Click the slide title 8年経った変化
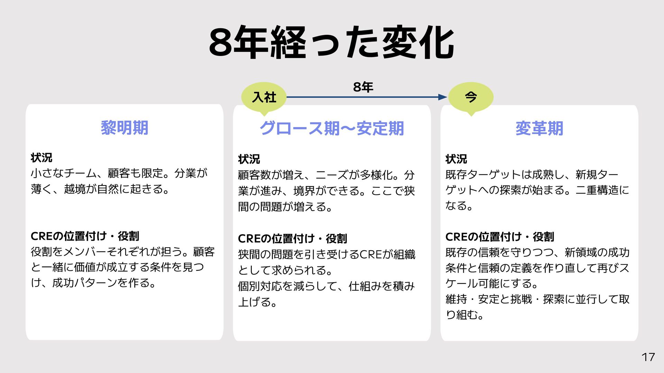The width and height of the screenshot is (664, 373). pos(331,43)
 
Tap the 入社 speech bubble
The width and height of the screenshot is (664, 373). pos(264,97)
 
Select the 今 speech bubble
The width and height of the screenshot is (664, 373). pos(471,97)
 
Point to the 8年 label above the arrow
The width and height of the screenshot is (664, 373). pos(363,87)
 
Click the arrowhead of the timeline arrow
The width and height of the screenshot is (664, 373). pos(443,97)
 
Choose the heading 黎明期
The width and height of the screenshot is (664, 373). pos(124,128)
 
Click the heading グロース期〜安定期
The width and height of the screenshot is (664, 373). pos(332,128)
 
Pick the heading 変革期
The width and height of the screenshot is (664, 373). pos(539,128)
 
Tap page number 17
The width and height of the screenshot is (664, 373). pos(648,357)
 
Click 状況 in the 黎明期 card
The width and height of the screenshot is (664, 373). pos(41,158)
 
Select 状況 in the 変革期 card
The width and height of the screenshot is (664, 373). pos(456,159)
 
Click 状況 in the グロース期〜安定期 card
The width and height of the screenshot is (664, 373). pos(249,159)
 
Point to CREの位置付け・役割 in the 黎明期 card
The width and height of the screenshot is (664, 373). pos(85,236)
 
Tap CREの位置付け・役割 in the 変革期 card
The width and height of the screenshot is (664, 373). pos(500,237)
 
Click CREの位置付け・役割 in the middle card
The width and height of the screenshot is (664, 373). pos(292,239)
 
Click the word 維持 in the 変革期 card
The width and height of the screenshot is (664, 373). pos(456,299)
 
